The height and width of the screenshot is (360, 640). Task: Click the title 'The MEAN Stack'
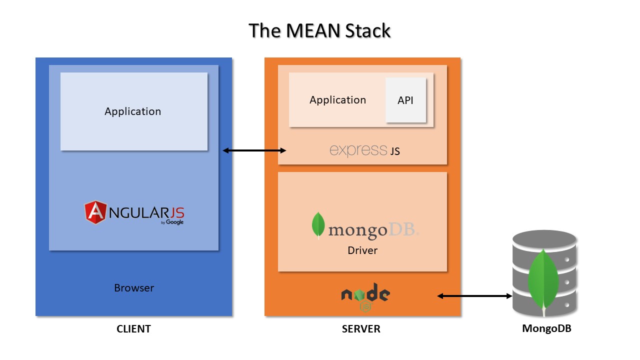click(x=319, y=30)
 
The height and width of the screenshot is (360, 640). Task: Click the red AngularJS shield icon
click(x=95, y=212)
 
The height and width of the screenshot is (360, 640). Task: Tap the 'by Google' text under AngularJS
click(x=172, y=222)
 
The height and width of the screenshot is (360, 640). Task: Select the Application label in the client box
click(x=132, y=111)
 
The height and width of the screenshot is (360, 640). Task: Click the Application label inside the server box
click(x=337, y=100)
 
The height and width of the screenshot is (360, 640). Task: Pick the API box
click(x=405, y=100)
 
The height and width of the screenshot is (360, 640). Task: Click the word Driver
click(x=362, y=250)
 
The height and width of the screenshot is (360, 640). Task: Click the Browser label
click(x=134, y=288)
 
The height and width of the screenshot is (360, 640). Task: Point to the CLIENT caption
click(x=133, y=329)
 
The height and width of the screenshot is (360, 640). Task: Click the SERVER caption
click(x=361, y=329)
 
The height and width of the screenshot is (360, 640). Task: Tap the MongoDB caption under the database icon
click(x=546, y=328)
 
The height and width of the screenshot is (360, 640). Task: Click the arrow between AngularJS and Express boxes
click(x=254, y=150)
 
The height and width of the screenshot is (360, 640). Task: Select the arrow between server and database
click(x=475, y=296)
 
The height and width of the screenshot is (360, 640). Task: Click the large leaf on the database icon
click(x=543, y=280)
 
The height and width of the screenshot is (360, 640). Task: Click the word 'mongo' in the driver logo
click(x=357, y=230)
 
